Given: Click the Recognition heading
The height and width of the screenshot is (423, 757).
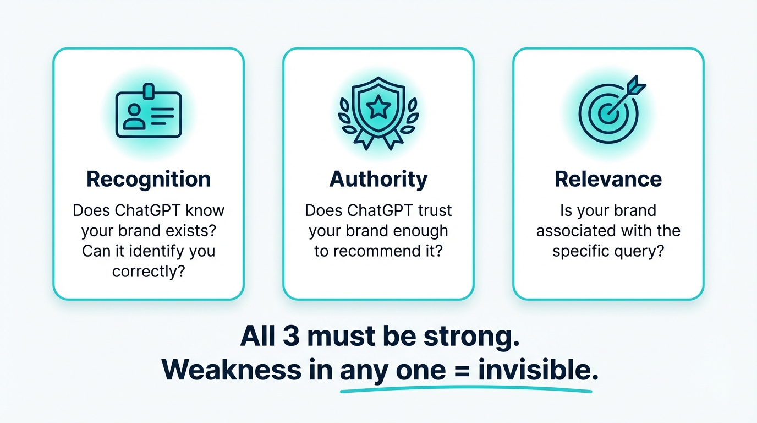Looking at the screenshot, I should pos(149,180).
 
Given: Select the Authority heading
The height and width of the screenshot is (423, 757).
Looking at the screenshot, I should pos(378,180).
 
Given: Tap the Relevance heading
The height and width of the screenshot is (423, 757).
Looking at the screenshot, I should pos(608,180).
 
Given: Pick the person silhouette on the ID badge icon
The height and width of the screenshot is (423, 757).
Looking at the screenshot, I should pos(133,116).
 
